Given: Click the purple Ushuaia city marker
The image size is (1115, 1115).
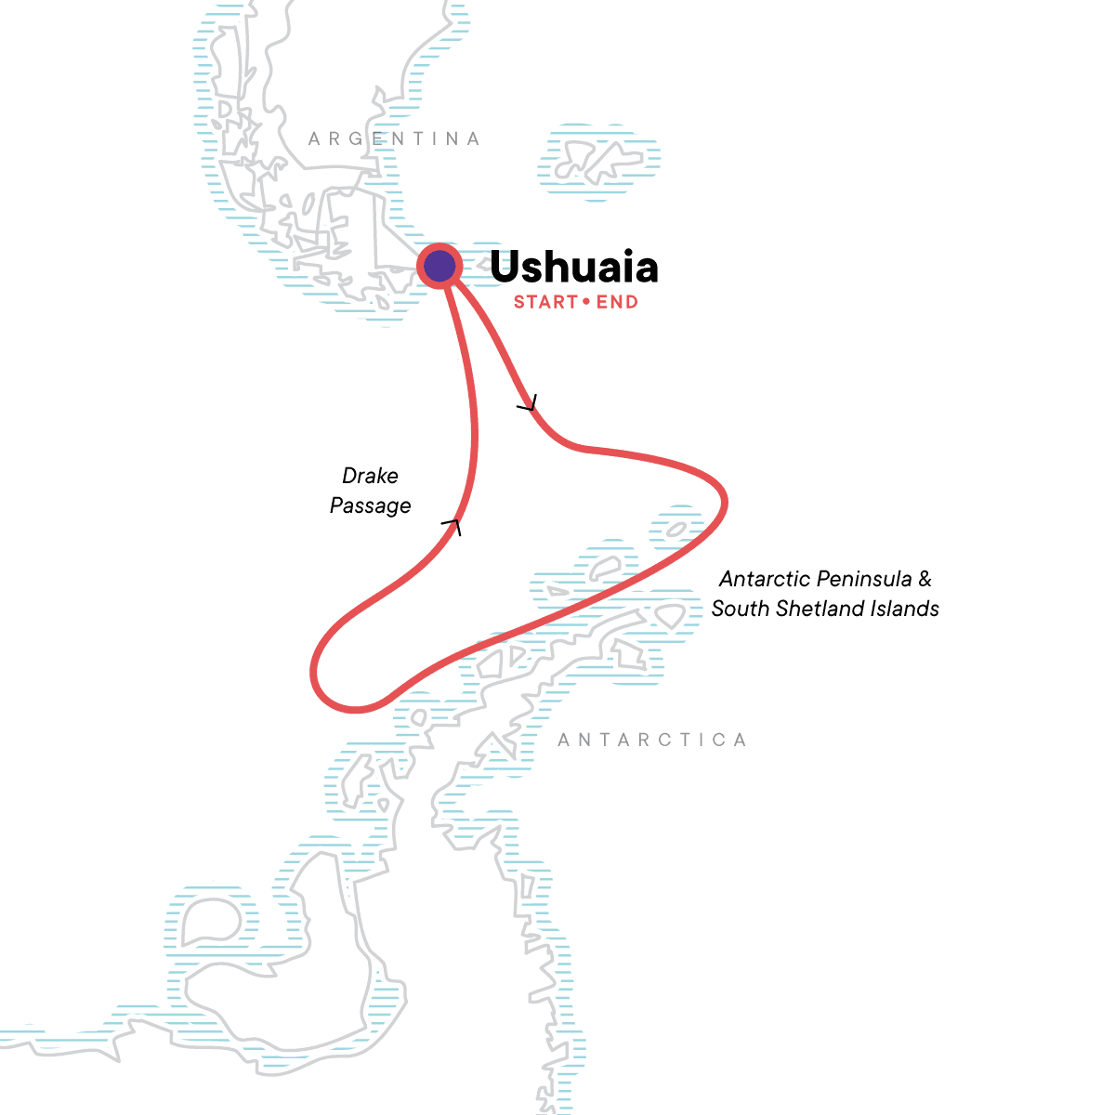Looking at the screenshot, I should pos(439,267).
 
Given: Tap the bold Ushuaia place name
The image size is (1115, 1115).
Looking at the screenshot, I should pos(573,268).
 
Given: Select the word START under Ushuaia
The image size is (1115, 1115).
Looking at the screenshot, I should pos(545,302).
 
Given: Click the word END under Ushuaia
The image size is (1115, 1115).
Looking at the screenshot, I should pos(617,302).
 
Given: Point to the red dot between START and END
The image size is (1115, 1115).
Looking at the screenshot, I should pos(586,302).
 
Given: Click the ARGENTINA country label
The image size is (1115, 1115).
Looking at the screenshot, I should pos(395,139).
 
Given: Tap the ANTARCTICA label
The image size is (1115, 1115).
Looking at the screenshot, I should pos(652,741).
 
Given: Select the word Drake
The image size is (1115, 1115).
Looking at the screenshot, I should pos(370,476).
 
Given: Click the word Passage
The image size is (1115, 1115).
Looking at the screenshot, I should pos(370,505).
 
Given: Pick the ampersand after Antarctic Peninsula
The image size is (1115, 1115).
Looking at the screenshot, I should pos(925,580).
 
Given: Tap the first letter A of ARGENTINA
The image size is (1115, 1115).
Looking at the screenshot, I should pos(314,139).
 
